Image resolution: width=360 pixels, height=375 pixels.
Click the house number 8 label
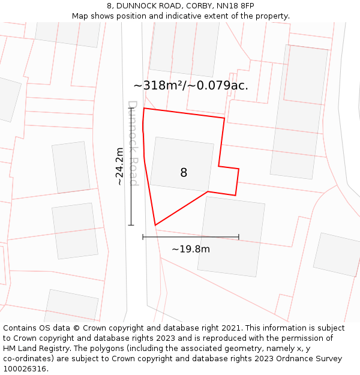pos(184,173)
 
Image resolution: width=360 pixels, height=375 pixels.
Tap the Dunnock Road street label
pos(133,143)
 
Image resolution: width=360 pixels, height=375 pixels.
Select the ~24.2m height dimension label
pos(119,166)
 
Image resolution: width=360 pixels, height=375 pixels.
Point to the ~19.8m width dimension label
pos(191,249)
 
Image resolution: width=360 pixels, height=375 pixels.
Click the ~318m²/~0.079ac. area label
pos(191,86)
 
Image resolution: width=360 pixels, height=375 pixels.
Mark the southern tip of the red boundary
pos(155,226)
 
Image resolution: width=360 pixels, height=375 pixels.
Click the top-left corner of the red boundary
pos(144,109)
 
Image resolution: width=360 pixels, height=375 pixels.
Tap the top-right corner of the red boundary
pos(224,118)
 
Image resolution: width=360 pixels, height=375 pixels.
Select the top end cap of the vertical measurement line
pos(131,109)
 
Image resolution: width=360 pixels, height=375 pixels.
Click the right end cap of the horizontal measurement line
pos(239,237)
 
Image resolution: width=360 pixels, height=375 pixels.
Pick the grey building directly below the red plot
pos(232,236)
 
